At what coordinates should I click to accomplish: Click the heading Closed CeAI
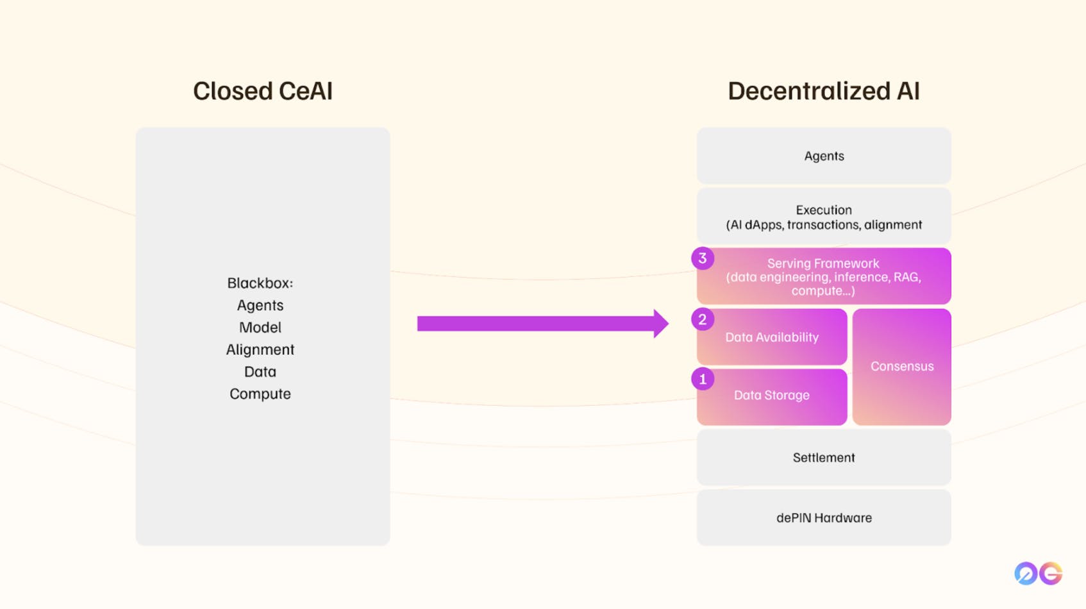[263, 91]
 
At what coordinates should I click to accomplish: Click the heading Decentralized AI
[823, 91]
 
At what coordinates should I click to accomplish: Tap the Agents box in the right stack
[824, 156]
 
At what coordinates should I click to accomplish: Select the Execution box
[824, 217]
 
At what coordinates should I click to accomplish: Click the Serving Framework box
[824, 276]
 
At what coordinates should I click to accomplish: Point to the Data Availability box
[772, 337]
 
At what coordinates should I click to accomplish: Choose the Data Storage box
[772, 396]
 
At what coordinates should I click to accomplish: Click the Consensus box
[902, 367]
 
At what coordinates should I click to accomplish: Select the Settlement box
[824, 458]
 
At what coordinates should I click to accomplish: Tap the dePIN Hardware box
[824, 518]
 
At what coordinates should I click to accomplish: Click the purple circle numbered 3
[703, 258]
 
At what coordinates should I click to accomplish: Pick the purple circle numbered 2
[703, 319]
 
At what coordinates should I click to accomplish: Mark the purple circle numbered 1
[703, 379]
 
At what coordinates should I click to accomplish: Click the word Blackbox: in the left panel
[260, 283]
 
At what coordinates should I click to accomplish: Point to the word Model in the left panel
[260, 328]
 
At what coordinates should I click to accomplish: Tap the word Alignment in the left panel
[260, 350]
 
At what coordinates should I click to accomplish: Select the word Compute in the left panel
[260, 394]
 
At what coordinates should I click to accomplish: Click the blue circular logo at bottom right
[1026, 573]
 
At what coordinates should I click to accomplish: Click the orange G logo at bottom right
[1051, 573]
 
